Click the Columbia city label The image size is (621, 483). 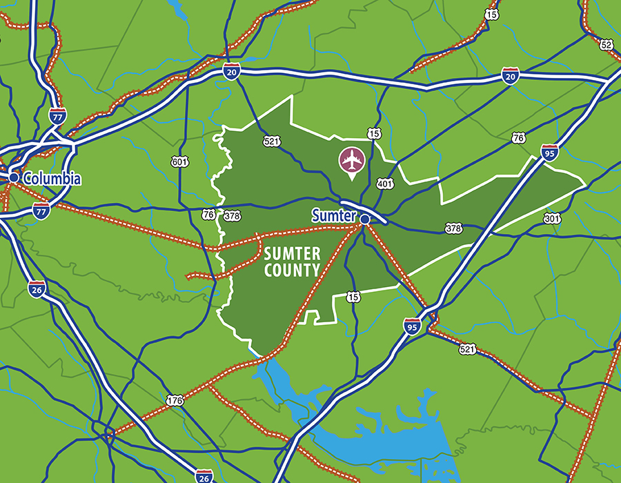pyautogui.click(x=52, y=179)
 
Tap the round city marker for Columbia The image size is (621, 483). pyautogui.click(x=14, y=177)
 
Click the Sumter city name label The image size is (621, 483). pyautogui.click(x=334, y=215)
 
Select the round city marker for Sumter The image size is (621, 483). pyautogui.click(x=364, y=219)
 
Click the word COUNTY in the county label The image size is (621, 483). pyautogui.click(x=293, y=271)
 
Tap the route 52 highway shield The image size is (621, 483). pyautogui.click(x=607, y=45)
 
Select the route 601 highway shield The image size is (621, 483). pyautogui.click(x=179, y=162)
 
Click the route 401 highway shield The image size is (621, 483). pyautogui.click(x=384, y=184)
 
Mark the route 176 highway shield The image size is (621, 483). pyautogui.click(x=175, y=400)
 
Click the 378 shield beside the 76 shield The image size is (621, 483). pyautogui.click(x=233, y=216)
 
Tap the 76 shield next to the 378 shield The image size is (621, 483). pyautogui.click(x=208, y=215)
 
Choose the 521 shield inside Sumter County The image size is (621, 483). pyautogui.click(x=271, y=141)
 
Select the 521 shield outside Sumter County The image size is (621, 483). pyautogui.click(x=467, y=350)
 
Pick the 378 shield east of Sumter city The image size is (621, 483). pyautogui.click(x=453, y=228)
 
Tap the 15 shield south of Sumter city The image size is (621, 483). pyautogui.click(x=353, y=297)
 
